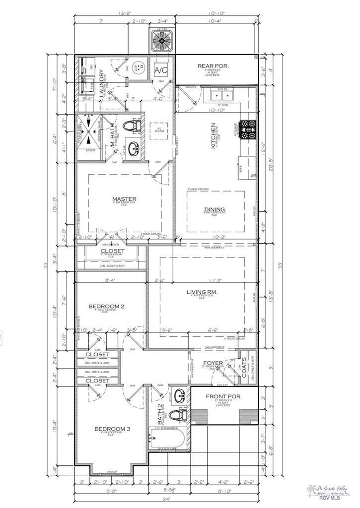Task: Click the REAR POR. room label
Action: pyautogui.click(x=212, y=66)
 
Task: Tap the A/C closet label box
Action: pyautogui.click(x=161, y=69)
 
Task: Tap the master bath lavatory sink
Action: pyautogui.click(x=133, y=148)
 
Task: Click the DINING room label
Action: pyautogui.click(x=214, y=209)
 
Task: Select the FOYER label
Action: pyautogui.click(x=213, y=363)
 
